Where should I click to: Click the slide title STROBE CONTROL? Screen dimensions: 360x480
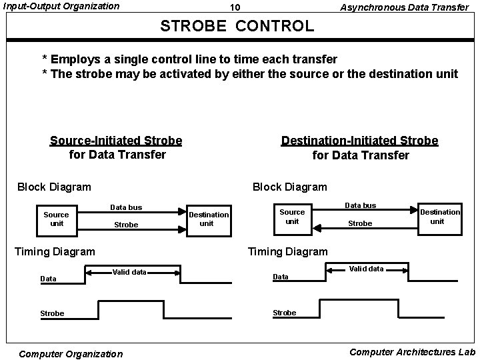(x=237, y=26)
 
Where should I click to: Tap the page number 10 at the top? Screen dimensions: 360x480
(x=235, y=8)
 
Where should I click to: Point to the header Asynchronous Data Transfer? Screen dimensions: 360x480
(x=404, y=7)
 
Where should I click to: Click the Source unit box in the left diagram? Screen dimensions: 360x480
(x=56, y=219)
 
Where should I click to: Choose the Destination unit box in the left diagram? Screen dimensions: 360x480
(x=207, y=219)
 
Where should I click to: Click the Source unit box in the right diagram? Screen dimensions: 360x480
(x=292, y=216)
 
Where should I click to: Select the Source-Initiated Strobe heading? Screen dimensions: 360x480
(x=116, y=147)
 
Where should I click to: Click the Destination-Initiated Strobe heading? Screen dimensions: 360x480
(x=360, y=147)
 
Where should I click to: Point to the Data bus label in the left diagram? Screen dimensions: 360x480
(x=126, y=207)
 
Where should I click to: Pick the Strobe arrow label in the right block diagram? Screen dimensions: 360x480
(x=360, y=223)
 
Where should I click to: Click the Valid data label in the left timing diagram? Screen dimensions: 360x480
(x=129, y=272)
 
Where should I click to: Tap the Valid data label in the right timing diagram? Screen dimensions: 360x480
(x=366, y=269)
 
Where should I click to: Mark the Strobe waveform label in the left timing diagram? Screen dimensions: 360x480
(x=52, y=313)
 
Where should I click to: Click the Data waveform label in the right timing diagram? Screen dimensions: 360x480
(x=281, y=277)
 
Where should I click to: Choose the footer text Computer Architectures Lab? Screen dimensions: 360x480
(x=412, y=351)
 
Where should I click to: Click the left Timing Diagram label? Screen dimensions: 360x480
(x=55, y=251)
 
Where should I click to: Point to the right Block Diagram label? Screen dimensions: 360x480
(x=289, y=187)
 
